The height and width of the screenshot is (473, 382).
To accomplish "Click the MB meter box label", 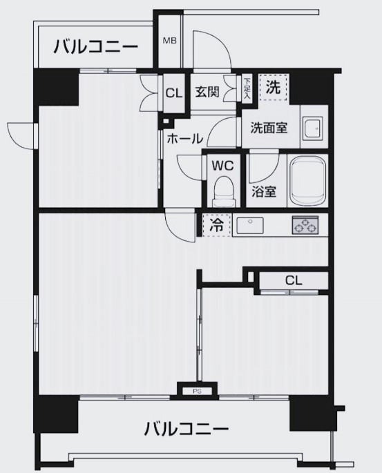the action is [169, 41].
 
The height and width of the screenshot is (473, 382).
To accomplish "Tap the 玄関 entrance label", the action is [207, 92].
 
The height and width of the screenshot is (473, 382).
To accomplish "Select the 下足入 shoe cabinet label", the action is [247, 88].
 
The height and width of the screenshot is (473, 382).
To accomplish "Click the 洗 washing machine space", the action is [274, 87].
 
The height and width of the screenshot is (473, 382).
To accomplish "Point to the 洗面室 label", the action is [269, 128].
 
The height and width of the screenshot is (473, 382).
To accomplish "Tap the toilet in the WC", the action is [224, 191].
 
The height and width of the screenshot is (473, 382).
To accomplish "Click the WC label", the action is [222, 166].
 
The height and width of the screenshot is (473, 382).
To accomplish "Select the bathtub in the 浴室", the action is [307, 181].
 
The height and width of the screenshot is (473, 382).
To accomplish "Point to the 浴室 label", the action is [265, 191].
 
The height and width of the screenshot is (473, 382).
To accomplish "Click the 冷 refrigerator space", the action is [217, 224].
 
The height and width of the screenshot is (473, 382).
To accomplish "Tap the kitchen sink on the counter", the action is [250, 225].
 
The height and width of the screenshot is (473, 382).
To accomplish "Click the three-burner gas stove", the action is [305, 225].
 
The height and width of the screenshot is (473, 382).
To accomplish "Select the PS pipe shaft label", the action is [197, 392].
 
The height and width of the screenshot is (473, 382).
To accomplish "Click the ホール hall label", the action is [184, 139].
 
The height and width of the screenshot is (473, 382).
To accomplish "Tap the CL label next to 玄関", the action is [174, 93].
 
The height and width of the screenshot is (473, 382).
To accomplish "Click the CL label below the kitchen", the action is [294, 281].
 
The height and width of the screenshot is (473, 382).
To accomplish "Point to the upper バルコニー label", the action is [95, 47].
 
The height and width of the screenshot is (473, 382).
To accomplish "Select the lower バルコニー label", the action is [187, 429].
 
